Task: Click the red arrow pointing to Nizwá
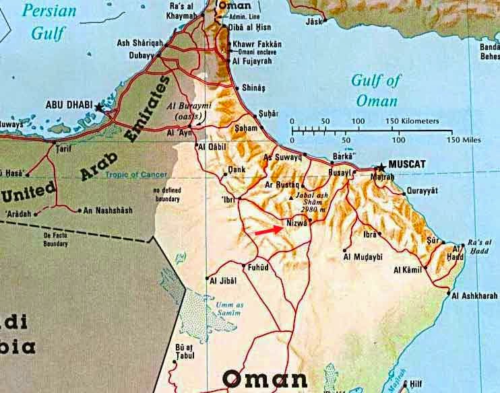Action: coord(269,230)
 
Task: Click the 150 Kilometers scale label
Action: coord(412,121)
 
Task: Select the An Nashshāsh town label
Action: coord(108,211)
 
